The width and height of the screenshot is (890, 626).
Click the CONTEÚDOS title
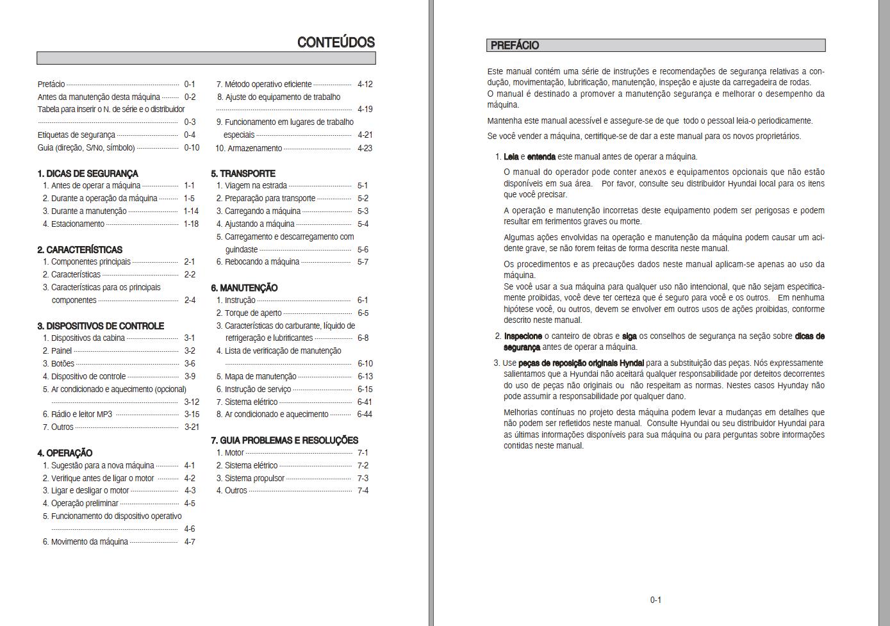coord(336,43)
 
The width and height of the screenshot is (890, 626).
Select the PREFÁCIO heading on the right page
coord(515,45)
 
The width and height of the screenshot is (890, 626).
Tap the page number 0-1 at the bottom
coord(655,600)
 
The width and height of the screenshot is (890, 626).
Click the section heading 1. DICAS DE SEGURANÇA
coord(87,174)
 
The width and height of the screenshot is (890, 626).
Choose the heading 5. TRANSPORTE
coord(243,174)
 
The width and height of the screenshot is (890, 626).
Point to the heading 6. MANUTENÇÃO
coord(244,288)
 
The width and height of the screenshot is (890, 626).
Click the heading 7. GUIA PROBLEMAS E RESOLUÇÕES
coord(284,440)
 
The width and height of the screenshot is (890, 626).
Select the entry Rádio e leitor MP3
coord(81,415)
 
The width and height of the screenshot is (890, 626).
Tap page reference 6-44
coord(364,415)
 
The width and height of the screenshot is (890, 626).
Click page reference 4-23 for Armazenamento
coord(365,148)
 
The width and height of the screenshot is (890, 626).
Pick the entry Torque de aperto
coord(252,313)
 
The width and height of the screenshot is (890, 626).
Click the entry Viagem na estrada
coord(255,186)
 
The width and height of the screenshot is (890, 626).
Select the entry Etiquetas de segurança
coord(76,135)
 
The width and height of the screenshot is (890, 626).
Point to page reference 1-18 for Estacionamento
coord(191,224)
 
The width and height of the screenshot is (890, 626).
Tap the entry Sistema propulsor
coord(254,479)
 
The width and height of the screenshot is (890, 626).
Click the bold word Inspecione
coord(523,336)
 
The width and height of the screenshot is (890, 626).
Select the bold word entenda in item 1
coord(541,157)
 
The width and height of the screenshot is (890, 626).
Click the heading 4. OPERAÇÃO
coord(65,453)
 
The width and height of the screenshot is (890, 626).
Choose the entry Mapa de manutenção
coord(260,377)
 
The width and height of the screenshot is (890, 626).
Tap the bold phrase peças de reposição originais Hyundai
coord(581,363)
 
